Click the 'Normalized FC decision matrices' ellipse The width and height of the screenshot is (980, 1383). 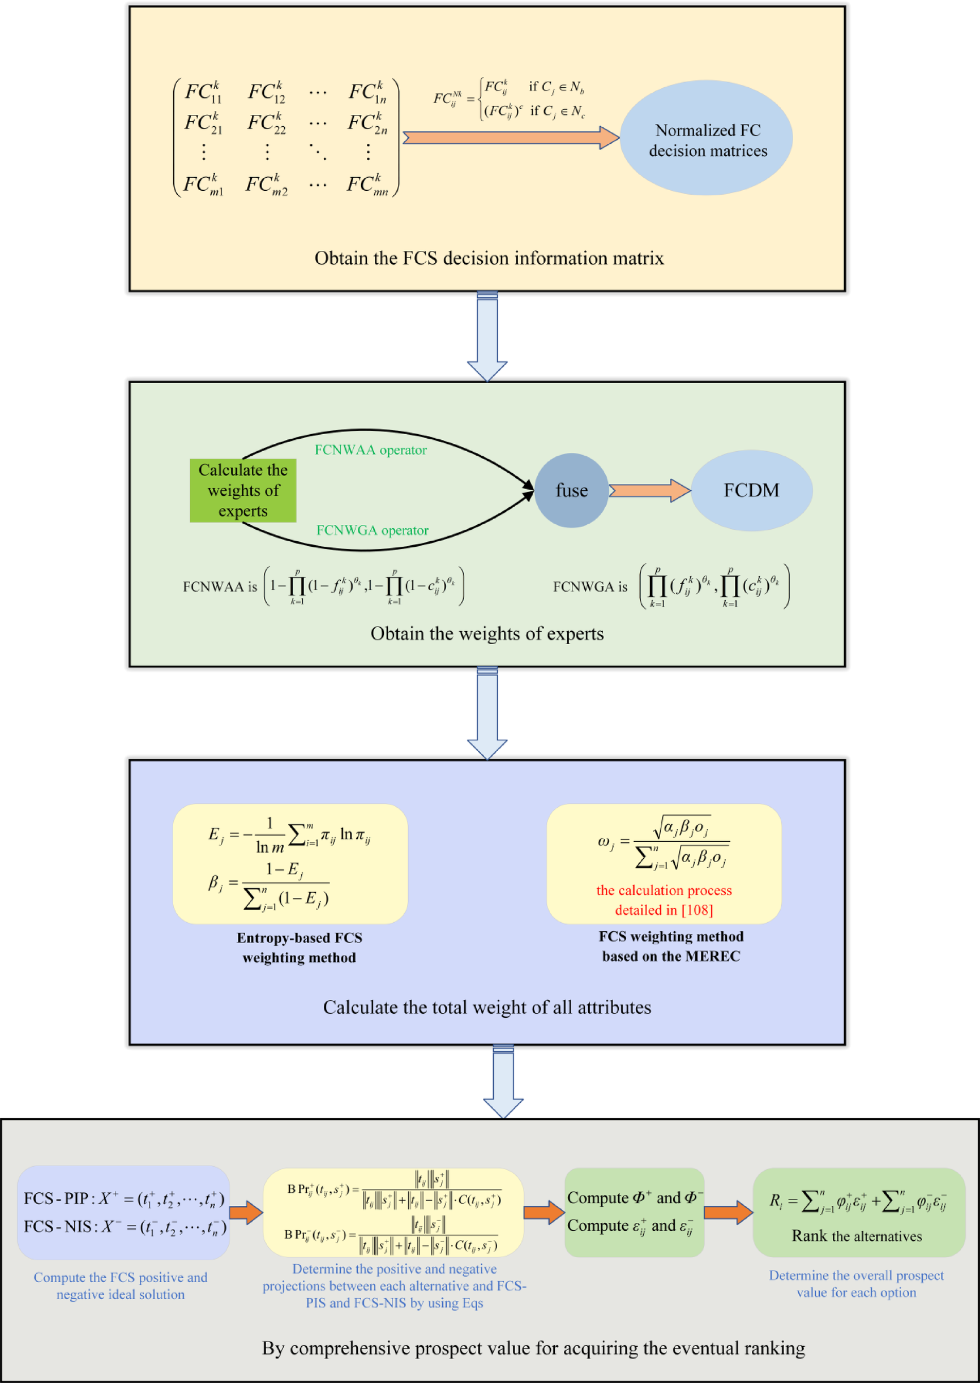point(706,139)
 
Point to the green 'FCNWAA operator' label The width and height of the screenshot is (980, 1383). point(370,450)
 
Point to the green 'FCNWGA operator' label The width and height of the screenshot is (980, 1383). point(373,530)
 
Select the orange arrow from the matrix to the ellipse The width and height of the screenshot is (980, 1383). point(510,138)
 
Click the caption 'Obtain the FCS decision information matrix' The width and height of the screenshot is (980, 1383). point(489,258)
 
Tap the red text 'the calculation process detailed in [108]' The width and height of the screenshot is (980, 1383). point(664,900)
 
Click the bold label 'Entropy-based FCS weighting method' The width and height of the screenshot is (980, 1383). point(299,947)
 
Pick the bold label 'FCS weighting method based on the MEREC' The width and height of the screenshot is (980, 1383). point(671,946)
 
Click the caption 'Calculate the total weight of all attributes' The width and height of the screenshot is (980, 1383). point(487,1007)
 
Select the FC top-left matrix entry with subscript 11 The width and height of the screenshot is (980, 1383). point(203,92)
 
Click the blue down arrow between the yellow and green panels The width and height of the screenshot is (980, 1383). point(487,336)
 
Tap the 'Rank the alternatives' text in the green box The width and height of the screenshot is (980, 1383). point(857,1236)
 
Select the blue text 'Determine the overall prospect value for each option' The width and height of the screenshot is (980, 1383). point(856,1283)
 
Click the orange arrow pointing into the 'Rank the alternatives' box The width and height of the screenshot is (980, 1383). point(727,1212)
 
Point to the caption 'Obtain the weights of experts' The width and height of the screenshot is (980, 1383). point(487,633)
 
